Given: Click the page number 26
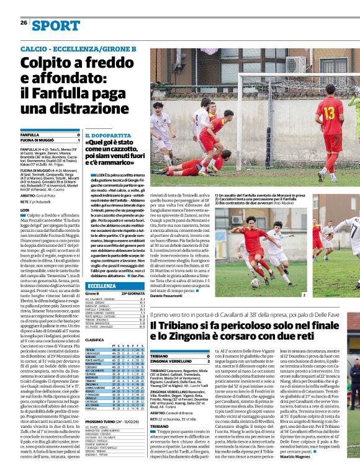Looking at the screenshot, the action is [x=23, y=22].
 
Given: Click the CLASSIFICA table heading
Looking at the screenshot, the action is [x=95, y=340].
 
